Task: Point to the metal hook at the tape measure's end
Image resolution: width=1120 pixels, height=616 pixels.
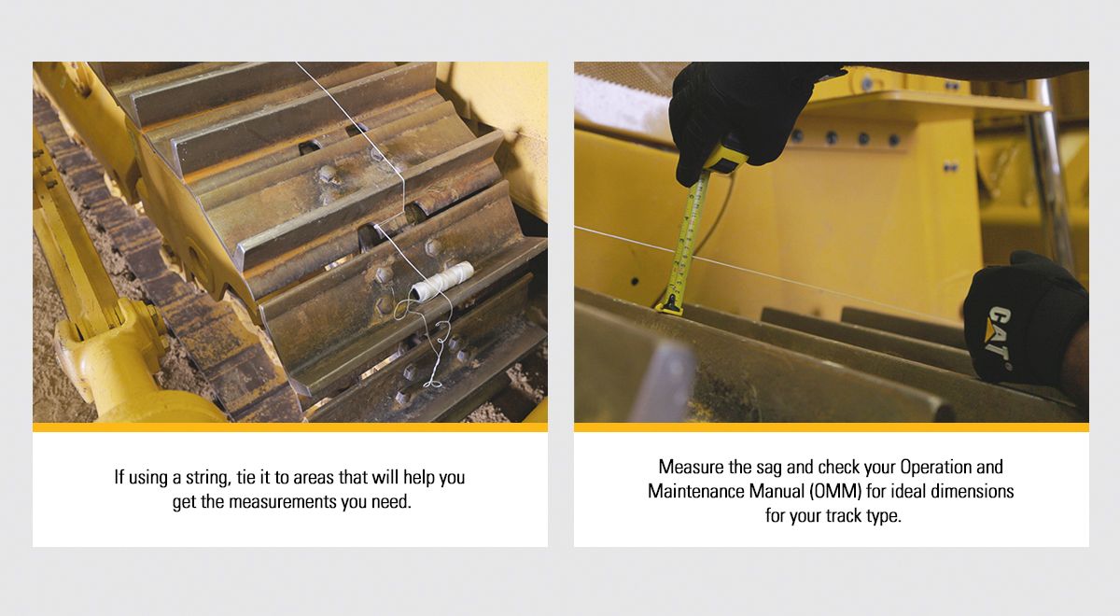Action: [x=670, y=303]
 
